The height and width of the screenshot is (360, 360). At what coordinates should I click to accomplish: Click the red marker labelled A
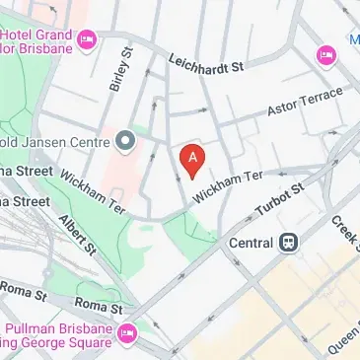point(192,159)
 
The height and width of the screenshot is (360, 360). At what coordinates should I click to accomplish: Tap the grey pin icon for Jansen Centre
point(124,141)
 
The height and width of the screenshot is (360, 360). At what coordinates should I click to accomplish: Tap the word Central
point(251,240)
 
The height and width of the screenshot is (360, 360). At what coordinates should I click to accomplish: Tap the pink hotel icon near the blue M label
point(324,55)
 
